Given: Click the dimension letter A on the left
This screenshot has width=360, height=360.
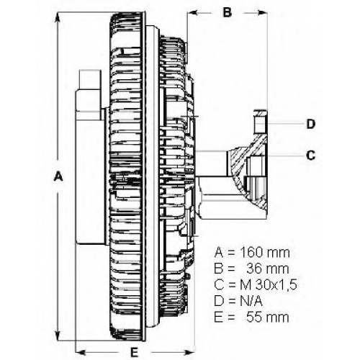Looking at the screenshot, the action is (x=58, y=176).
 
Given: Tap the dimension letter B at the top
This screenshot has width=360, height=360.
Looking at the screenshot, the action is (x=227, y=12).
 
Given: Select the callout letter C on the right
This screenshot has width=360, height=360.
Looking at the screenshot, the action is (x=311, y=156).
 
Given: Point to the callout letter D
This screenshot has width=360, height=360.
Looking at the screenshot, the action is (x=311, y=124).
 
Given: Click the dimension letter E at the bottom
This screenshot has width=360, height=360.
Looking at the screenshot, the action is (x=135, y=352).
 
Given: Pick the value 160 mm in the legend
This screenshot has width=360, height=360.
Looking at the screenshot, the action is (x=265, y=253).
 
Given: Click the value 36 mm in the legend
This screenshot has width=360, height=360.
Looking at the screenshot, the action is (x=268, y=269).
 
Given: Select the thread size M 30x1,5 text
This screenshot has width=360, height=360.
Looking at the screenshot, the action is (x=269, y=285).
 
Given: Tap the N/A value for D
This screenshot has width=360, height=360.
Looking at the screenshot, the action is (x=251, y=301).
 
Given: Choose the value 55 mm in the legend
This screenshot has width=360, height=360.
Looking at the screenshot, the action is (x=268, y=318).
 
